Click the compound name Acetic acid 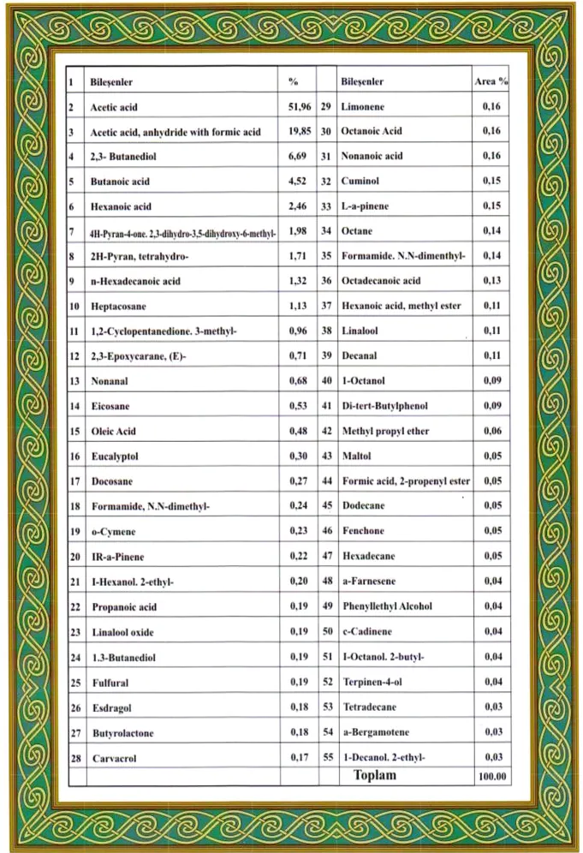click(114, 108)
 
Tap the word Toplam click(375, 775)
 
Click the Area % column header click(491, 82)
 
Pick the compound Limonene click(364, 107)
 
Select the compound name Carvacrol click(114, 758)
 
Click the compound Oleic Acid click(114, 432)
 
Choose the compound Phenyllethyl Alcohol click(387, 606)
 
